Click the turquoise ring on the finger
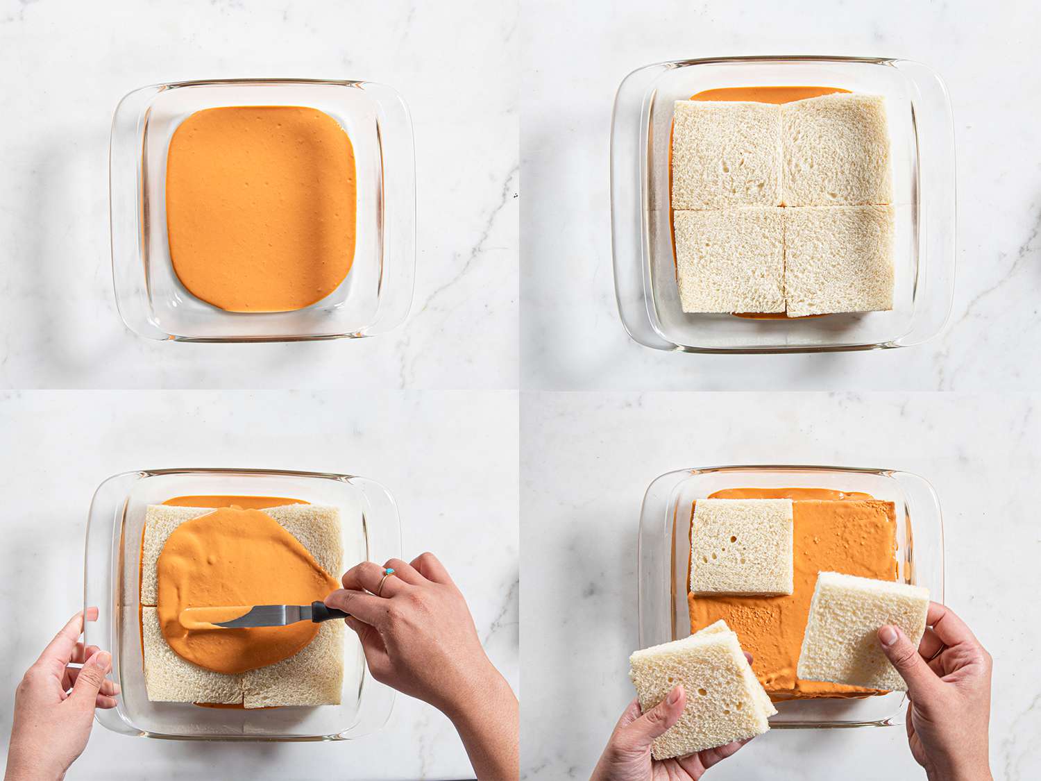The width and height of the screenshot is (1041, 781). pos(390,572)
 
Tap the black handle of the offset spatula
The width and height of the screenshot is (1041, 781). pos(328,612)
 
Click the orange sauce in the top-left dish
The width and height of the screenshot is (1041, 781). pos(260,208)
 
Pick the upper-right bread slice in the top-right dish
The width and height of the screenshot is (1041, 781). pos(836,151)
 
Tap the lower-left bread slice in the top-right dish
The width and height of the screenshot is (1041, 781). pos(729,260)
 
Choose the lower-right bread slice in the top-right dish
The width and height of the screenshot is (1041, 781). pos(840,258)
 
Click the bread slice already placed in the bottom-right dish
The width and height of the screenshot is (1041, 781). pos(741,546)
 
